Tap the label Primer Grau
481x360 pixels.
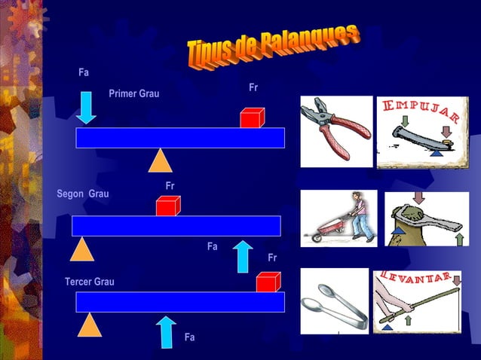pyautogui.click(x=133, y=93)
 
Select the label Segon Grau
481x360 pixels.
pyautogui.click(x=83, y=194)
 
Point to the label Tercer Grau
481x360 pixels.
pyautogui.click(x=90, y=282)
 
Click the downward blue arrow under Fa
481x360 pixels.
pyautogui.click(x=87, y=107)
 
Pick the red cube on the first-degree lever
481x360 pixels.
pyautogui.click(x=252, y=117)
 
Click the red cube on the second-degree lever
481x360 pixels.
pyautogui.click(x=167, y=206)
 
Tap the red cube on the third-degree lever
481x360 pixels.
pyautogui.click(x=268, y=282)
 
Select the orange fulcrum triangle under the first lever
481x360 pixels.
pyautogui.click(x=160, y=160)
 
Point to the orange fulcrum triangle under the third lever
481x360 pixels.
pyautogui.click(x=89, y=325)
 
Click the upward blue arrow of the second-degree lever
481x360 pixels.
pyautogui.click(x=243, y=257)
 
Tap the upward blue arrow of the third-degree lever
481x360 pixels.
pyautogui.click(x=166, y=332)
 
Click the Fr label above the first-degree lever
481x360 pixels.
pyautogui.click(x=253, y=88)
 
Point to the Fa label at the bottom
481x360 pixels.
pyautogui.click(x=189, y=337)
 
